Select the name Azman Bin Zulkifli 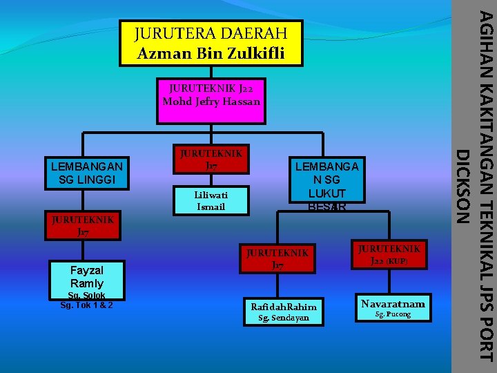[211, 52]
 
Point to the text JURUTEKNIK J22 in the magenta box [211, 88]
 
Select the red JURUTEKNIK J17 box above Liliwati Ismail [211, 159]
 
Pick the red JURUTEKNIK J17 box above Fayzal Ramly [82, 226]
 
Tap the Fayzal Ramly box [87, 277]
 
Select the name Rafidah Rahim [284, 307]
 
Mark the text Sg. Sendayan [283, 318]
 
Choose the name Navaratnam [393, 303]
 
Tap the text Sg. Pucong [393, 315]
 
